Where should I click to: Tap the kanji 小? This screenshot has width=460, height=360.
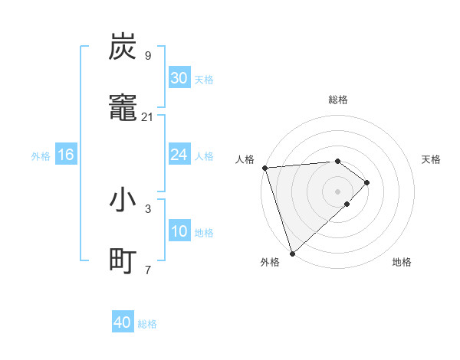(x=123, y=201)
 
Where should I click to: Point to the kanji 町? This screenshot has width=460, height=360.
(x=123, y=261)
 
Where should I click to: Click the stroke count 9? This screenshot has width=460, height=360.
(x=147, y=55)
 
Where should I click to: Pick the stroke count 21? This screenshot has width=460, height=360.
(x=148, y=116)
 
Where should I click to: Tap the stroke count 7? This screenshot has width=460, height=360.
(x=147, y=270)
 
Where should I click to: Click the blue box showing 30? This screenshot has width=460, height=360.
(x=179, y=78)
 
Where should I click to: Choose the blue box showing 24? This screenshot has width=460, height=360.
(x=179, y=155)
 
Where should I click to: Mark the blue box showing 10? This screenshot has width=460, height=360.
(x=179, y=231)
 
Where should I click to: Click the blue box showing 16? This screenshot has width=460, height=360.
(x=66, y=155)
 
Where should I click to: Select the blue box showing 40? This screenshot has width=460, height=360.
(x=123, y=322)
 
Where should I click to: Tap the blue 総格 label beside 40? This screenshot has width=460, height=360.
(x=147, y=324)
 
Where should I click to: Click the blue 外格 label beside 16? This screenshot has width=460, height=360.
(x=41, y=155)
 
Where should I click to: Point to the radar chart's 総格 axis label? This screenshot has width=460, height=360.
(x=338, y=100)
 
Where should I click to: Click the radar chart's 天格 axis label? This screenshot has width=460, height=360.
(x=432, y=159)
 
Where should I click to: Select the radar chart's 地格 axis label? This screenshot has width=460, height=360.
(x=402, y=262)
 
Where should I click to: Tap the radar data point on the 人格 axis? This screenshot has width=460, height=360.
(x=264, y=168)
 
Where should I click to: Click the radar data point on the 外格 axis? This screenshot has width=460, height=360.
(x=292, y=252)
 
